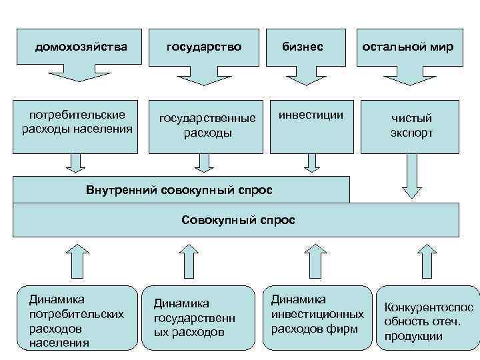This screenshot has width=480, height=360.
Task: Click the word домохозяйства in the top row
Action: pyautogui.click(x=81, y=47)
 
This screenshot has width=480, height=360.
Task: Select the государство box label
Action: pyautogui.click(x=203, y=47)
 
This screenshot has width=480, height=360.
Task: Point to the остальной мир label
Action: pyautogui.click(x=407, y=47)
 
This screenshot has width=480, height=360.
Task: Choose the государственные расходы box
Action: pyautogui.click(x=207, y=125)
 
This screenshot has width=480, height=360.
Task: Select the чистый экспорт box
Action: pyautogui.click(x=411, y=125)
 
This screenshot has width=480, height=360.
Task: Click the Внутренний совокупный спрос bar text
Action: pyautogui.click(x=179, y=189)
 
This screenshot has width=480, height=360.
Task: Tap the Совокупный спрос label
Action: pyautogui.click(x=237, y=219)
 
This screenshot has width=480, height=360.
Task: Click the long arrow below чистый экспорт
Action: pyautogui.click(x=411, y=176)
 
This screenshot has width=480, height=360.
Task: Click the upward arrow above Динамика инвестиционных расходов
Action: pyautogui.click(x=311, y=261)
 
